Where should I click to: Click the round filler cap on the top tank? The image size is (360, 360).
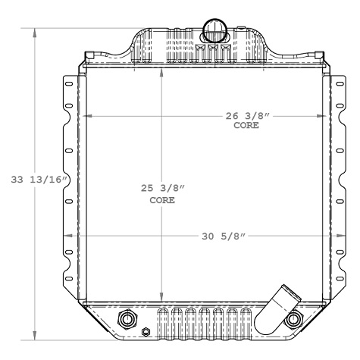point(214,31)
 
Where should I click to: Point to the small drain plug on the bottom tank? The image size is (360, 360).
point(146,331)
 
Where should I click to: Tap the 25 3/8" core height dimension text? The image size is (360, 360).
point(161,189)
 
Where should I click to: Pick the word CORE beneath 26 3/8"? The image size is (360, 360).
point(247,126)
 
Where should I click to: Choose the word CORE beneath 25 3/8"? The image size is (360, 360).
point(161,201)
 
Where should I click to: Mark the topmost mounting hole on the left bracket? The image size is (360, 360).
point(70,84)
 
